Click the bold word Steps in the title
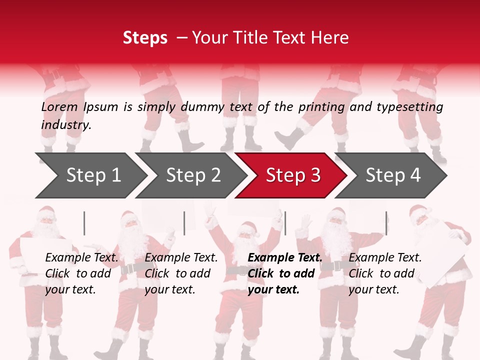(145, 38)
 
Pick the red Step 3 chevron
(291, 175)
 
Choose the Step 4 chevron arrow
(391, 175)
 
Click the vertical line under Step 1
(84, 223)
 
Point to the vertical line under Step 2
(184, 223)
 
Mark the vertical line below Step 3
(285, 223)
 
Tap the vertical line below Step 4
(386, 223)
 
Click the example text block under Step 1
(81, 273)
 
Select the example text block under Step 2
(181, 273)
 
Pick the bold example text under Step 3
(285, 273)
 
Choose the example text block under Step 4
(385, 273)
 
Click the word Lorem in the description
(59, 107)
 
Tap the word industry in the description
(65, 124)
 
